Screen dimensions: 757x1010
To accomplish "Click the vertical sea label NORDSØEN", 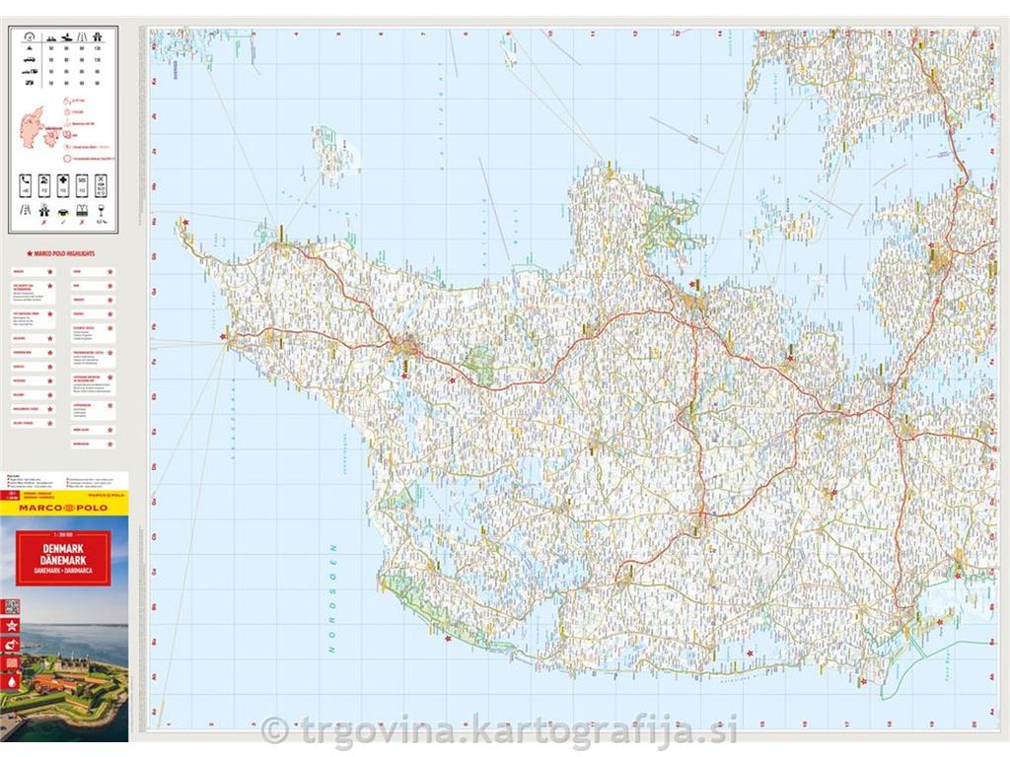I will [x=333, y=598].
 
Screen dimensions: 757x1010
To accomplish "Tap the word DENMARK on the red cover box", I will [x=63, y=547].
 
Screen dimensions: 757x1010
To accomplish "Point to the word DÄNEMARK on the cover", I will [x=63, y=561].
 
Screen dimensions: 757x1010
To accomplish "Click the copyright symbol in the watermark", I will [x=275, y=730].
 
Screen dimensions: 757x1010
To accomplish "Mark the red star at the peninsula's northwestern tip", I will [x=185, y=225].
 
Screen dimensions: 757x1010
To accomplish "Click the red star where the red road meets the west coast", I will [x=224, y=336].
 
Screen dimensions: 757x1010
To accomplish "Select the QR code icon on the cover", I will [x=11, y=606].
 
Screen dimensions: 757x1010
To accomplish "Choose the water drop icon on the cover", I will [x=11, y=680].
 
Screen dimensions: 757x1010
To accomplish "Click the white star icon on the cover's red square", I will [x=11, y=625].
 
